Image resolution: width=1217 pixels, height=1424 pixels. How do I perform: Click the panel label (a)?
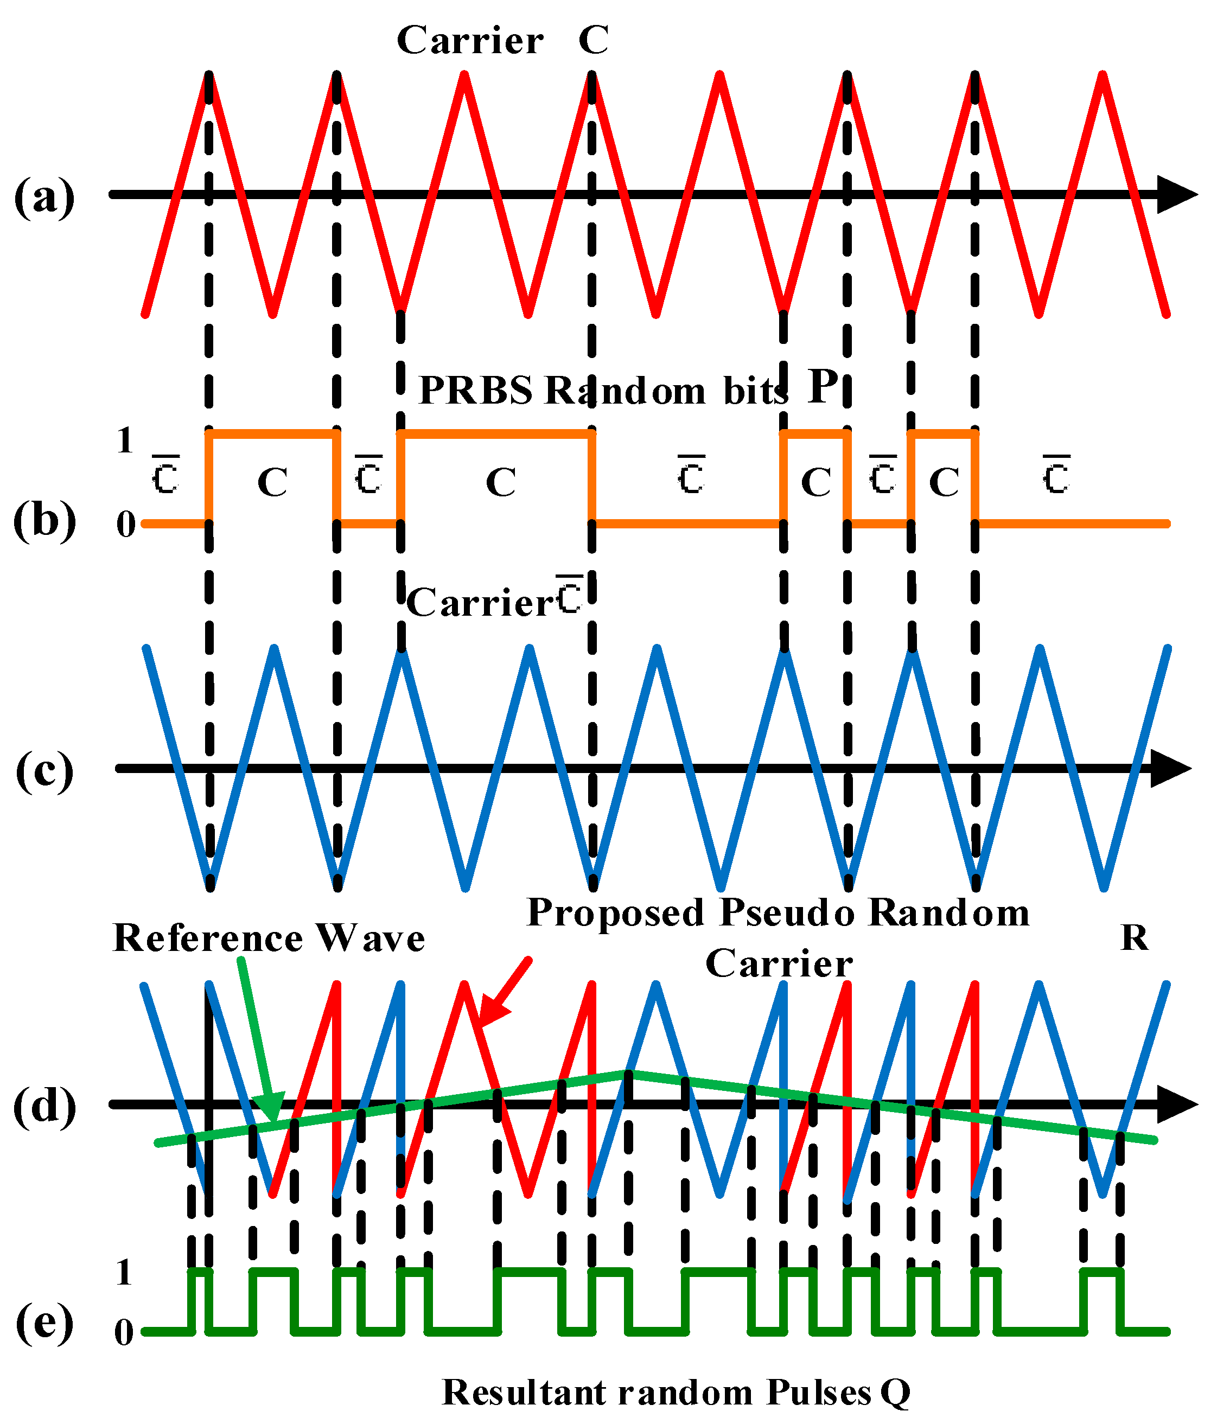(44, 198)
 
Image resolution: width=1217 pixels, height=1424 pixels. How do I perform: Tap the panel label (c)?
(44, 770)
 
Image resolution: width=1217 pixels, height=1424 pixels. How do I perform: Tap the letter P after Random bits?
(823, 387)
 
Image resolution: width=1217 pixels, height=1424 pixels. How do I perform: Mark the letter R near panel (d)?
(1134, 937)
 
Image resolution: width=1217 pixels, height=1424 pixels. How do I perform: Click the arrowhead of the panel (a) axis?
(1177, 195)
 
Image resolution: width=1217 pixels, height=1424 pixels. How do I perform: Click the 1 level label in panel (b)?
(124, 440)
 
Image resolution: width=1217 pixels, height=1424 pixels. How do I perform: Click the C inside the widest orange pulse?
(501, 482)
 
